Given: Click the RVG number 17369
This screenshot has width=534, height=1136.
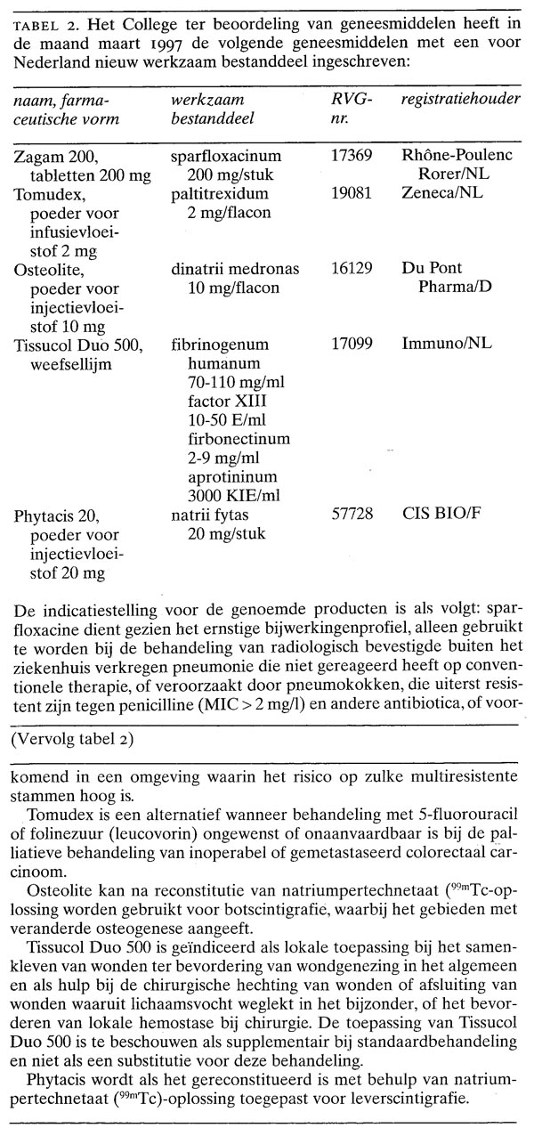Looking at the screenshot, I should pyautogui.click(x=348, y=157).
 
